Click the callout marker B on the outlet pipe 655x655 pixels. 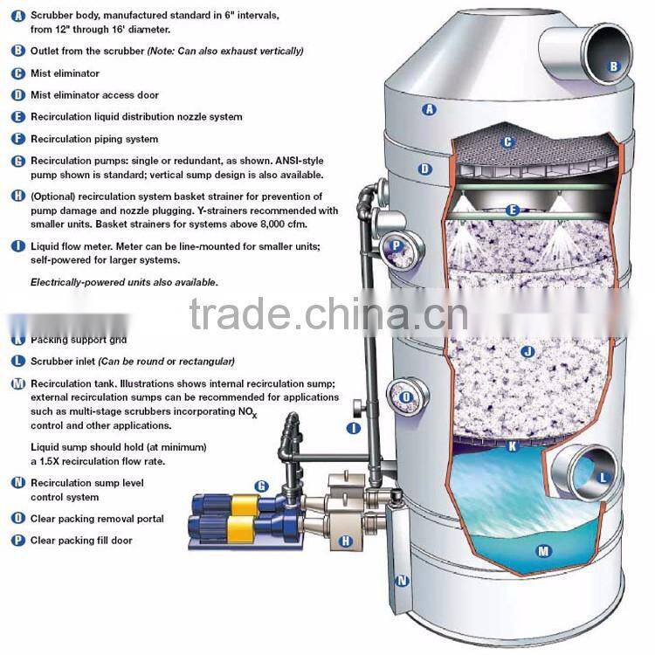point(613,65)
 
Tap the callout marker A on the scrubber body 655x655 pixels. point(428,109)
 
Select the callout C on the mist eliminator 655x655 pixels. point(507,142)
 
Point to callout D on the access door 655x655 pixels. point(425,169)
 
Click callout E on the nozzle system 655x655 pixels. point(513,210)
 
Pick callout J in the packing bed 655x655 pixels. point(526,352)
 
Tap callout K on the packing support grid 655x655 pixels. point(513,445)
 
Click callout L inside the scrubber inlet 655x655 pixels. point(603,477)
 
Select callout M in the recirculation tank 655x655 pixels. point(543,550)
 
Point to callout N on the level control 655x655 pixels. point(402,580)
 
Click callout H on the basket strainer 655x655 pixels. point(345,541)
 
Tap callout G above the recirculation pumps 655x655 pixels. point(261,486)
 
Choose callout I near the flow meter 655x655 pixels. point(354,428)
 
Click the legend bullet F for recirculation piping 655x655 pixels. point(18,139)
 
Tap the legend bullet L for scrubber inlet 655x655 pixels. point(18,361)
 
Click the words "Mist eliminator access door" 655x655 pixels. point(94,95)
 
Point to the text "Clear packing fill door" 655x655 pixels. point(81,541)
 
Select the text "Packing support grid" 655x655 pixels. point(79,339)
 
